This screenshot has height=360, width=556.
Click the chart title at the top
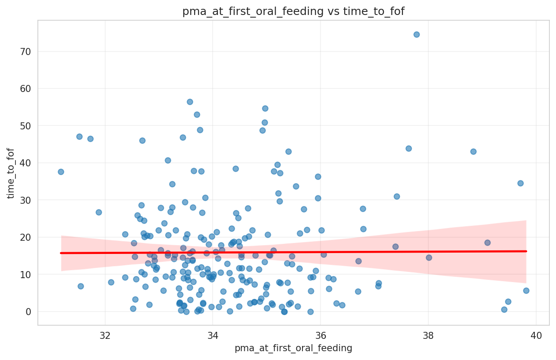tap(293, 11)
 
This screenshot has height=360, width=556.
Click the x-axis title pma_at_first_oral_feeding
tap(293, 348)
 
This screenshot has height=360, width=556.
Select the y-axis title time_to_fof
tap(11, 173)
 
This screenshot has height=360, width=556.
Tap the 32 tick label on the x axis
tap(105, 334)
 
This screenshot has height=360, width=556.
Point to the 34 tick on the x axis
tap(213, 334)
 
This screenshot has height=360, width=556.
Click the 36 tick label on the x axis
tap(320, 334)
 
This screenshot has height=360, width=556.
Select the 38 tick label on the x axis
tap(428, 334)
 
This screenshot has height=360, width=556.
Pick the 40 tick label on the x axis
tap(536, 334)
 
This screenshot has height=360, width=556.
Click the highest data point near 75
tap(416, 34)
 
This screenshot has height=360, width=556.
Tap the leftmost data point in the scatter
tap(61, 172)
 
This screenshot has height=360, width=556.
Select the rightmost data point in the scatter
tap(526, 290)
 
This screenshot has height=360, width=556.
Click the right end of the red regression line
tap(526, 251)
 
